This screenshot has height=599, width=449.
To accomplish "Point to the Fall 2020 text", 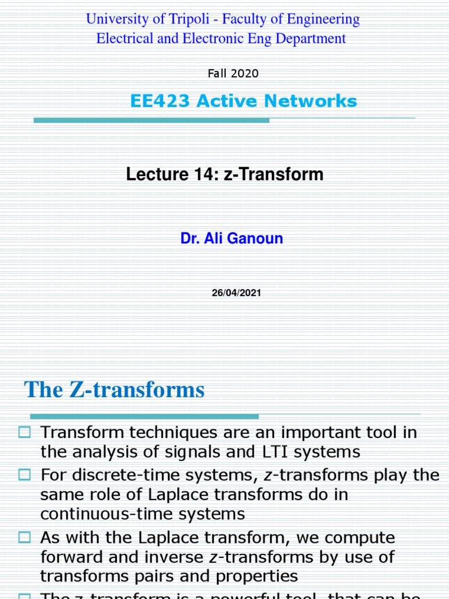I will pyautogui.click(x=233, y=74).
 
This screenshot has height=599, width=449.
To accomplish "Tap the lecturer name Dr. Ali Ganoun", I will pyautogui.click(x=232, y=239).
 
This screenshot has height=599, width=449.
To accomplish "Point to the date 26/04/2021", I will pyautogui.click(x=236, y=293).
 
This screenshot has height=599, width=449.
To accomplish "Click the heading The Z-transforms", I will pyautogui.click(x=115, y=390).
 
